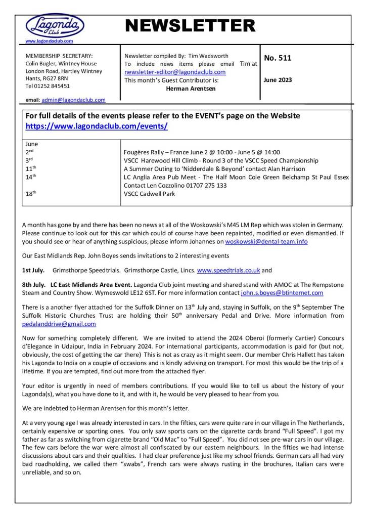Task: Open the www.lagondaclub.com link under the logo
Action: (49, 41)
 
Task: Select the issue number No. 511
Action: (278, 58)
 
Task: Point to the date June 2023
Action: (278, 80)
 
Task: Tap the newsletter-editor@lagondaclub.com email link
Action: (175, 72)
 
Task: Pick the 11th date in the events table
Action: (31, 168)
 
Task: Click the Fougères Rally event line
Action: (202, 152)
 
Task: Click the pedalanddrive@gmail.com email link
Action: (59, 324)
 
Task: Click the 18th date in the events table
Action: (31, 193)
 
